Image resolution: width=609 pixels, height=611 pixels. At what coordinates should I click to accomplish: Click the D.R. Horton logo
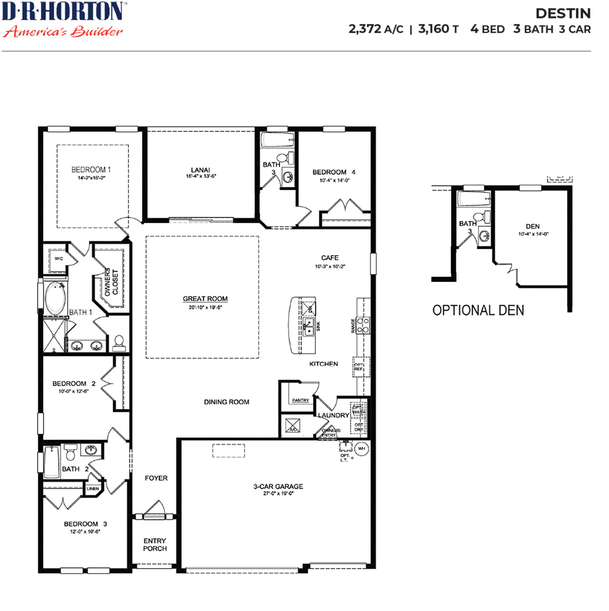click(63, 19)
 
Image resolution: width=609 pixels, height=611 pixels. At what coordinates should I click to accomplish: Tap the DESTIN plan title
click(563, 13)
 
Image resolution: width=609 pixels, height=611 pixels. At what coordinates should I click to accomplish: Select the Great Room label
click(205, 299)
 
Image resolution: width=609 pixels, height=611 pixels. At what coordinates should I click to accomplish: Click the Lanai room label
click(200, 170)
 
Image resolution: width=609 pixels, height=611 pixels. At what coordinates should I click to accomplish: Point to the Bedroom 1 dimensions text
click(91, 178)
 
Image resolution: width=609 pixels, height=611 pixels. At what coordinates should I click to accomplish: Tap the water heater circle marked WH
click(362, 448)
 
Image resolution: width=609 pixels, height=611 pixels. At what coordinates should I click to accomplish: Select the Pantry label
click(300, 400)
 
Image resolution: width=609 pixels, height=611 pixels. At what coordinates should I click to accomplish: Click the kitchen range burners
click(363, 325)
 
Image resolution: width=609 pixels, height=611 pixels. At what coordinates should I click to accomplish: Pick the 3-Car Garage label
click(278, 486)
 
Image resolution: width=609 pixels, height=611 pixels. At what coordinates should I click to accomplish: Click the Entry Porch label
click(155, 544)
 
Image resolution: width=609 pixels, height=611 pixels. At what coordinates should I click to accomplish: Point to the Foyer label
click(156, 478)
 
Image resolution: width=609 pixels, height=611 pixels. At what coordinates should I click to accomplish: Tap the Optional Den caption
click(478, 310)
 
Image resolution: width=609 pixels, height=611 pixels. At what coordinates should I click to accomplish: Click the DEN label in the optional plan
click(532, 226)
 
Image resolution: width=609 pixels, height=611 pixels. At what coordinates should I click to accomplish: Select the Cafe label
click(330, 258)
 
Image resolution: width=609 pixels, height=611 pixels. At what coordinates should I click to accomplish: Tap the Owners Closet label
click(111, 281)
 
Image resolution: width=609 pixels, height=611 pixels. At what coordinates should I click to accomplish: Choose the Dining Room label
click(226, 402)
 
